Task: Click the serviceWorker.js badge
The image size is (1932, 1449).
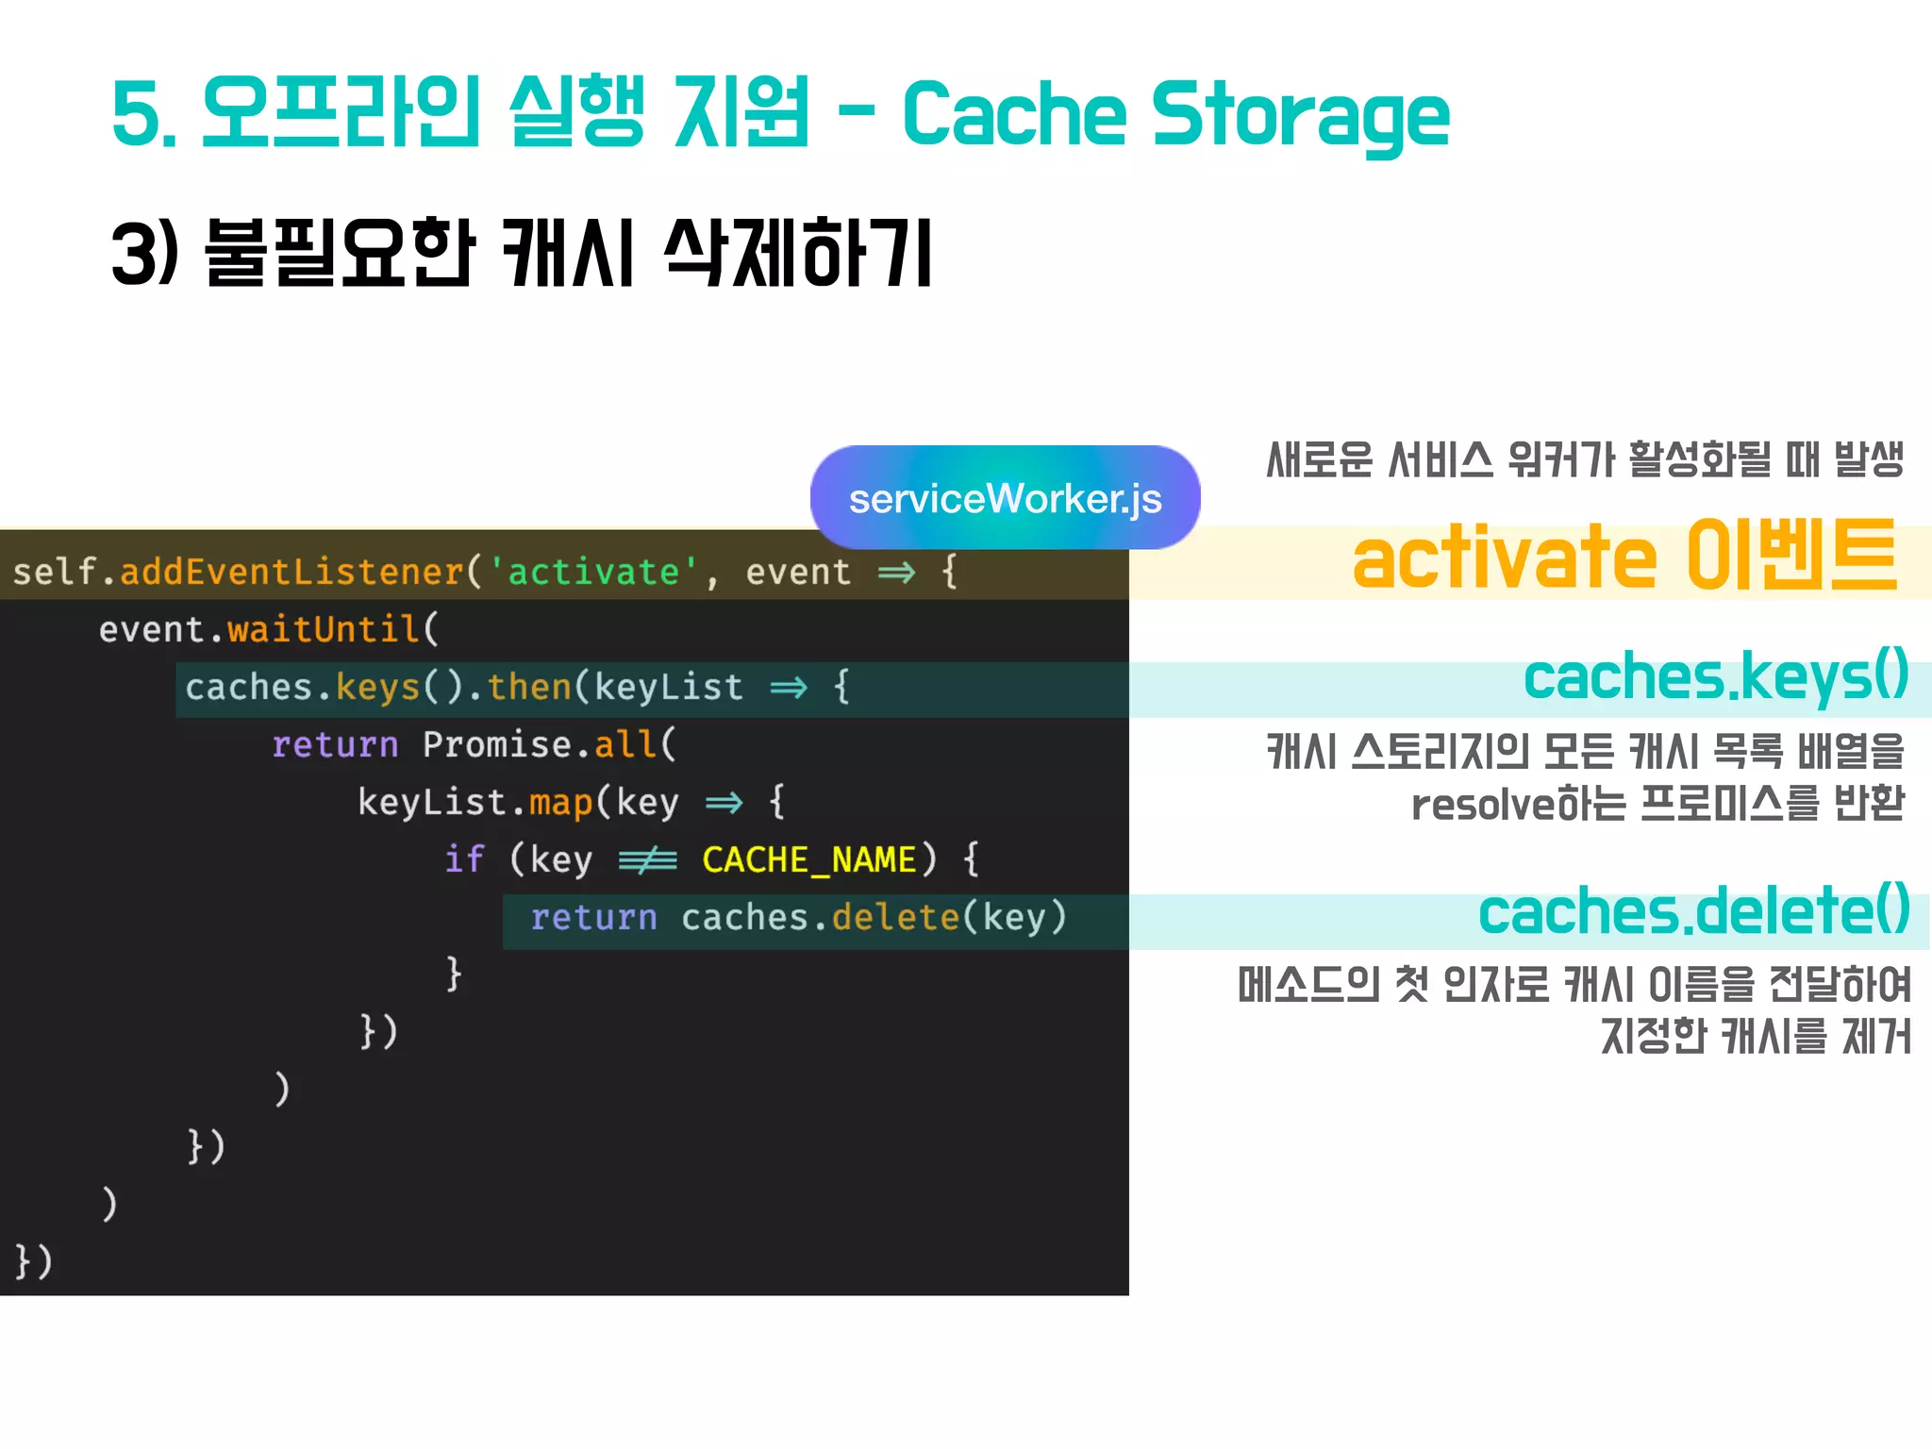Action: coord(1005,498)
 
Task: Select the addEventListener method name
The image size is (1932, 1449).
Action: coord(291,572)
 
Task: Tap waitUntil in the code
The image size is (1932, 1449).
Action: coord(323,629)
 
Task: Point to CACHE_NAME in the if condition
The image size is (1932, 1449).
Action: coord(809,859)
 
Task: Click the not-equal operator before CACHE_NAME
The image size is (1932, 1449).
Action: coord(647,859)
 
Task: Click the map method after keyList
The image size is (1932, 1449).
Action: coord(560,802)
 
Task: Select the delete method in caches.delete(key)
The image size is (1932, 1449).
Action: coord(895,917)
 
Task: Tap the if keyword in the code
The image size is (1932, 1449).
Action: coord(464,859)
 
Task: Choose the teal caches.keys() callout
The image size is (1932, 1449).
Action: coord(1715,677)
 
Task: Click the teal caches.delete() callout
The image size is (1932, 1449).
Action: coord(1693,911)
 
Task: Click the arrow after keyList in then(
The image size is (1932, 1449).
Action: coord(789,688)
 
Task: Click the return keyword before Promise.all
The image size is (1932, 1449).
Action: coord(335,744)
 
